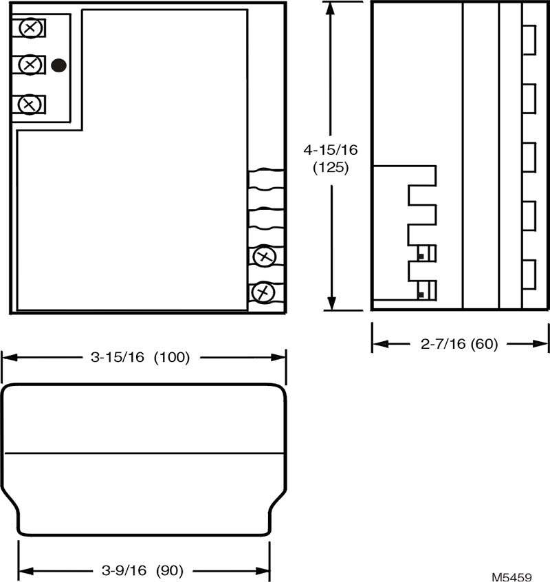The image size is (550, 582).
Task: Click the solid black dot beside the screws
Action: point(58,65)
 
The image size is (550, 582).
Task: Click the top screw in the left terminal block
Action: point(30,28)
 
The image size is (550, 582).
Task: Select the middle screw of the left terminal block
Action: point(30,65)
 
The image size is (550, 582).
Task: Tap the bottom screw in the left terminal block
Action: point(29,105)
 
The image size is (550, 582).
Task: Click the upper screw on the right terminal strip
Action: point(265,256)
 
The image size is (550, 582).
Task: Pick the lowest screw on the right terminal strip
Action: point(263,292)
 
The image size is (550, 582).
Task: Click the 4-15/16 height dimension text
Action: point(331,150)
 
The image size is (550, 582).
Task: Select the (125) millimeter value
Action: point(331,168)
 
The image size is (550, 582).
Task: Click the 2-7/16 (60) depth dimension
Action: point(459,344)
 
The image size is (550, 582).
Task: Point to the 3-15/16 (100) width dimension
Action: point(140,358)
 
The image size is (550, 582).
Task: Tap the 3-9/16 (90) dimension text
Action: point(143,570)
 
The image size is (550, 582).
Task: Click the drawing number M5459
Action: point(511,576)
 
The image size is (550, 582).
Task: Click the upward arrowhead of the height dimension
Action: point(330,9)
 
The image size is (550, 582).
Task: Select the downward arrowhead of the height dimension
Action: point(331,303)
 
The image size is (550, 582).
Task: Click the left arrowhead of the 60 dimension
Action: point(380,344)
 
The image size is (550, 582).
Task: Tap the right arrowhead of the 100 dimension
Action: point(278,358)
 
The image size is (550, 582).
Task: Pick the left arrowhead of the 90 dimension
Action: point(26,570)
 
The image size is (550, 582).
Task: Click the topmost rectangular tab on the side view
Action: point(529,40)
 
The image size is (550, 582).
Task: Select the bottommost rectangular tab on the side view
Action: point(529,274)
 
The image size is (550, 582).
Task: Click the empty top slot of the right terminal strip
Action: point(266,180)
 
